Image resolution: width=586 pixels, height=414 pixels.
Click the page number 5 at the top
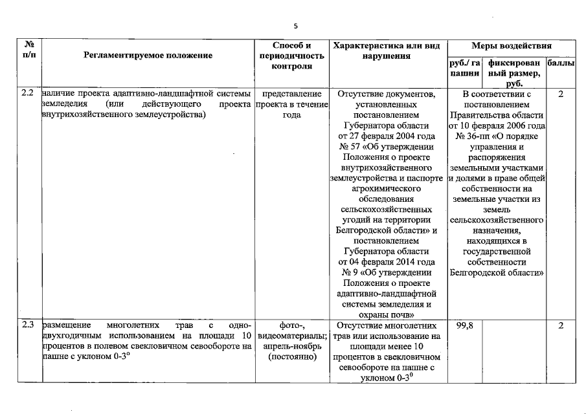[295, 26]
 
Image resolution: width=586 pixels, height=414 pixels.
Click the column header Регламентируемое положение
[148, 56]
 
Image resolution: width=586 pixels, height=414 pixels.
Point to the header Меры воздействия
[511, 47]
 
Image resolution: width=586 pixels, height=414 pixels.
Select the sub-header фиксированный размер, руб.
[515, 74]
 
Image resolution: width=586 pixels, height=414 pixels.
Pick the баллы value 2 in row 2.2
[561, 94]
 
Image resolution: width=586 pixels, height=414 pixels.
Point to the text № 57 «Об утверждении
[387, 147]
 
